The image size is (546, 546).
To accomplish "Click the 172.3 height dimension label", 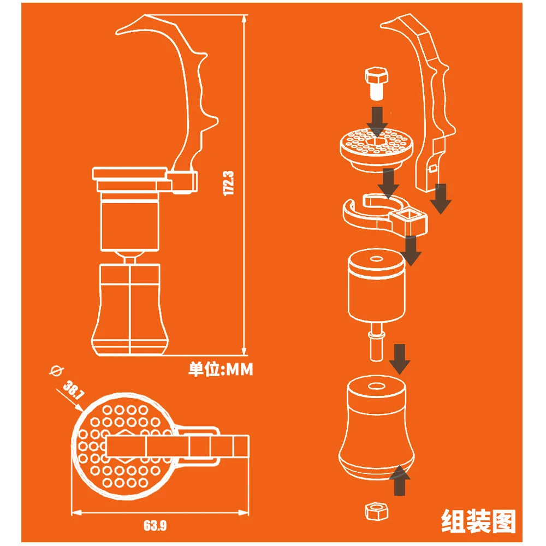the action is point(228,183).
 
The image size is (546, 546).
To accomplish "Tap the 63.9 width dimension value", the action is point(155,525).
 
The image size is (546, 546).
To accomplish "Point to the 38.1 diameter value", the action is point(74,390).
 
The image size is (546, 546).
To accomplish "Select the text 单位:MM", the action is point(221,370).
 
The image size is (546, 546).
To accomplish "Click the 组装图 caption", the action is point(478,521).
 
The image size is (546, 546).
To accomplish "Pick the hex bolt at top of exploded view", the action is point(376,83).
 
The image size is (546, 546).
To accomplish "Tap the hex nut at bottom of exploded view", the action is point(376,511).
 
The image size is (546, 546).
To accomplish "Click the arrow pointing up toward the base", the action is point(400,481).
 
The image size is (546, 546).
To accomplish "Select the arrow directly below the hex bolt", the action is point(377,122).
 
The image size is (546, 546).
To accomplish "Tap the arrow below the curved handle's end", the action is point(441,199).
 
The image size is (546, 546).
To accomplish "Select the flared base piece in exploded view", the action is point(376,428).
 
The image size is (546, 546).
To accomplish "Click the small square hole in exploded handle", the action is point(432,169).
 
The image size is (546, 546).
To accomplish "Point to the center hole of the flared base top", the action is point(376,387).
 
